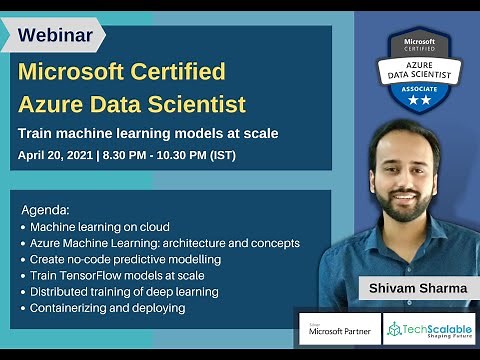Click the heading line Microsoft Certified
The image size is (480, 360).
pyautogui.click(x=122, y=72)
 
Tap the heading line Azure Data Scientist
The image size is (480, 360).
pyautogui.click(x=133, y=103)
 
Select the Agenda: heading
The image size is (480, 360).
pyautogui.click(x=45, y=211)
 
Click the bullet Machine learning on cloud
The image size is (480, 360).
pyautogui.click(x=100, y=227)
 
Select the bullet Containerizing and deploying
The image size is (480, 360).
pyautogui.click(x=108, y=308)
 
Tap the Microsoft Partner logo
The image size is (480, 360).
pyautogui.click(x=337, y=329)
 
